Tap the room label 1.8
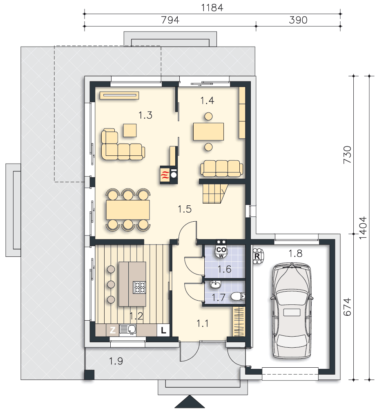(295, 254)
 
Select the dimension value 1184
(212, 8)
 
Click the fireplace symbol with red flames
(164, 175)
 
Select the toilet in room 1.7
(237, 296)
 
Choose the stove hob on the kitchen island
(139, 288)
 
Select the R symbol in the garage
(257, 256)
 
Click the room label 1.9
(116, 361)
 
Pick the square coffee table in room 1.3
(130, 130)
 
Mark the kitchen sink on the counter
(132, 329)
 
